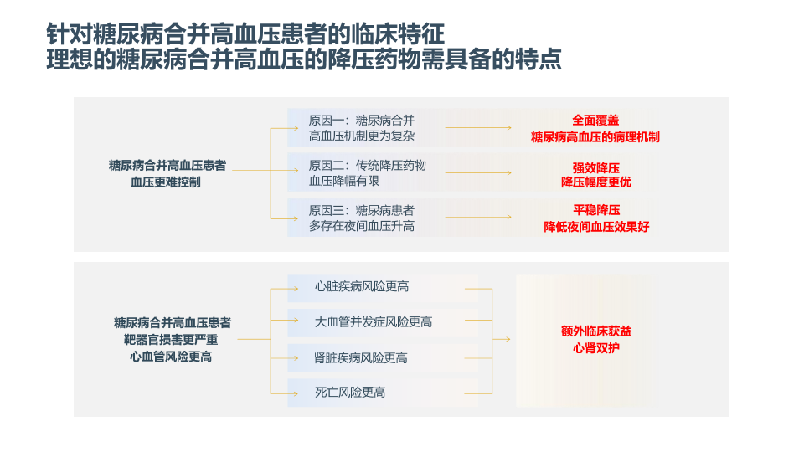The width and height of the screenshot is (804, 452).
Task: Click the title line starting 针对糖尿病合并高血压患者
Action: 245,34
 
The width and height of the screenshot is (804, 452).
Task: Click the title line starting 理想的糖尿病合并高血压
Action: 304,61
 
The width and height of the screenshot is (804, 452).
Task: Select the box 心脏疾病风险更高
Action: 362,287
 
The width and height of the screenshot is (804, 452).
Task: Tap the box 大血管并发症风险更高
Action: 374,322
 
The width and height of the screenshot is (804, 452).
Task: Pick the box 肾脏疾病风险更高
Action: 361,358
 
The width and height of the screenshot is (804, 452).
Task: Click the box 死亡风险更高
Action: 350,392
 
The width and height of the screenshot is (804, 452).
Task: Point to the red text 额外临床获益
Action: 596,331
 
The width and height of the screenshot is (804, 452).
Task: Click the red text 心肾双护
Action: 596,347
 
